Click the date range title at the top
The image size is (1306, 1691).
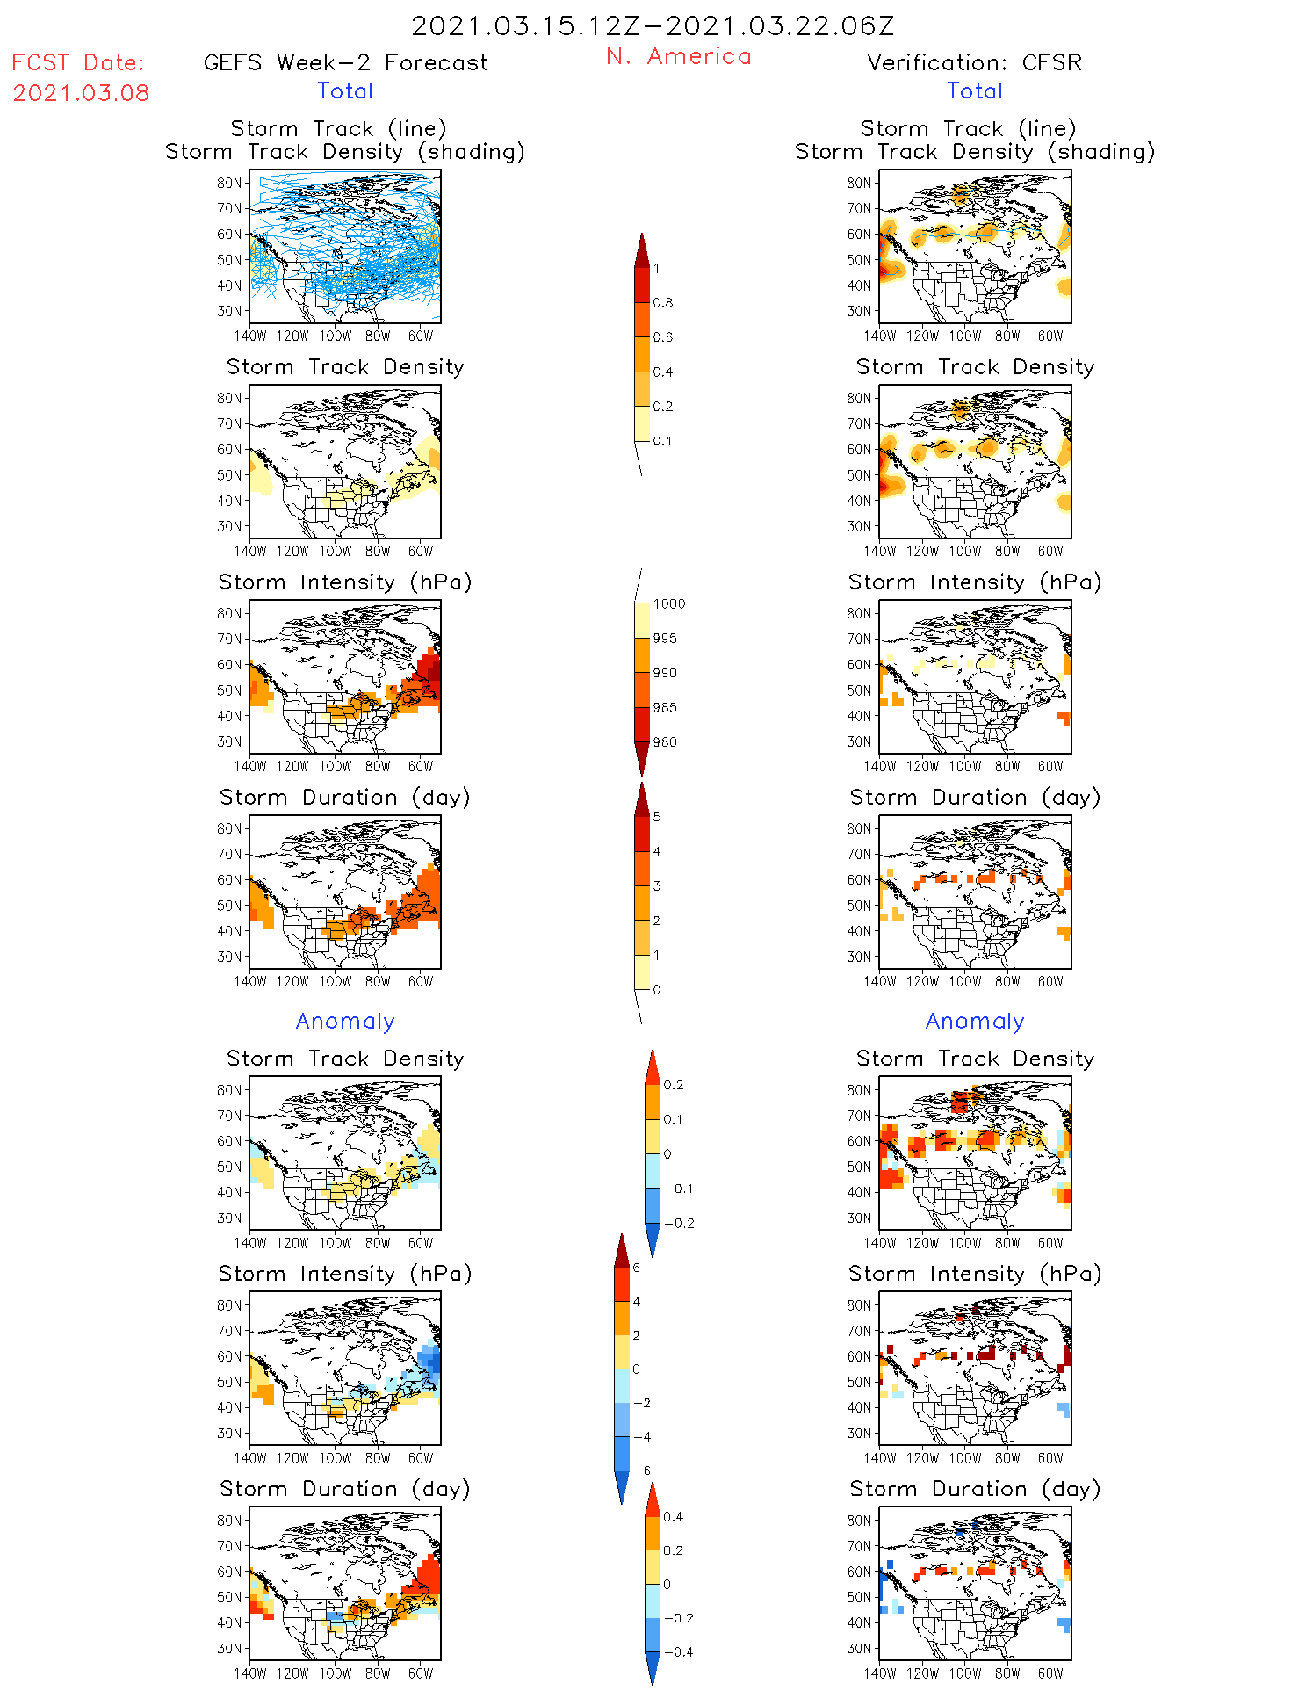pyautogui.click(x=653, y=26)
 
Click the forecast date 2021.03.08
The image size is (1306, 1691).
pyautogui.click(x=81, y=93)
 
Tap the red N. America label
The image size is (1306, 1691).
pyautogui.click(x=679, y=56)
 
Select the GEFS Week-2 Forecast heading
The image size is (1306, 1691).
pyautogui.click(x=345, y=62)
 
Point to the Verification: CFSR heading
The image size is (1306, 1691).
pyautogui.click(x=974, y=62)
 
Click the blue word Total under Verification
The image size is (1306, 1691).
pyautogui.click(x=974, y=90)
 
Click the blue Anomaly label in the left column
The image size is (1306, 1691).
pyautogui.click(x=345, y=1021)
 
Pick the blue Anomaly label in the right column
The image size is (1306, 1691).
pyautogui.click(x=975, y=1021)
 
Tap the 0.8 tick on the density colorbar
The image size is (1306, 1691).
pyautogui.click(x=663, y=303)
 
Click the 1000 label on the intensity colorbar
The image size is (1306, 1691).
pyautogui.click(x=668, y=604)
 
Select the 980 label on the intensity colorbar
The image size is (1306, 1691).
pyautogui.click(x=665, y=742)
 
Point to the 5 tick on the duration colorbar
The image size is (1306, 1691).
pyautogui.click(x=657, y=817)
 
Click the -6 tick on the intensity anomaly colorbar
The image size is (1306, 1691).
pyautogui.click(x=641, y=1471)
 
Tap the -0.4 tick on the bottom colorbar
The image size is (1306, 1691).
pyautogui.click(x=678, y=1651)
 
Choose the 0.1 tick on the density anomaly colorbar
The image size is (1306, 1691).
pyautogui.click(x=673, y=1120)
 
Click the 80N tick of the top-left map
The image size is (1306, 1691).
pyautogui.click(x=230, y=183)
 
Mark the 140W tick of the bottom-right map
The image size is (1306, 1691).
pyautogui.click(x=880, y=1673)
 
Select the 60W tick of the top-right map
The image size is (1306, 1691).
pyautogui.click(x=1050, y=336)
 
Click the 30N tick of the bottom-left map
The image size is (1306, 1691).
pyautogui.click(x=230, y=1648)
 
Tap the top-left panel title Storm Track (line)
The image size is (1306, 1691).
pyautogui.click(x=339, y=128)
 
